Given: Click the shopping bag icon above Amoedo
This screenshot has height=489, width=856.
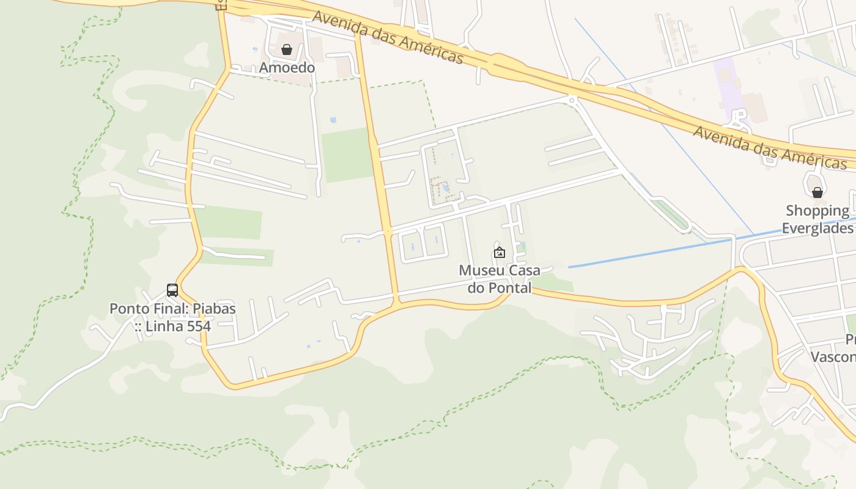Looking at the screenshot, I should [x=286, y=50].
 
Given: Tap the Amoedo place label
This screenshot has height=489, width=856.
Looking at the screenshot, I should [x=287, y=67].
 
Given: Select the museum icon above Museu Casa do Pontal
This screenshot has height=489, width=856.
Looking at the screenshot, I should [x=500, y=252].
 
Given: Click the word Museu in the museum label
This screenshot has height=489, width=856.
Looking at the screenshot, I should [x=481, y=270].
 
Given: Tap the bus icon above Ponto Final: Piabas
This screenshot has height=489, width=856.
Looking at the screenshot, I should [x=172, y=290].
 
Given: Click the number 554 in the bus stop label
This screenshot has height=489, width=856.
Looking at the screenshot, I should [x=199, y=326].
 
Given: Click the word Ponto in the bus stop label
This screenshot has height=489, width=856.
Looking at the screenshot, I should [x=128, y=309].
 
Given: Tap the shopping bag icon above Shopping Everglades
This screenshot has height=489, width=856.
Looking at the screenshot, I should [x=817, y=193].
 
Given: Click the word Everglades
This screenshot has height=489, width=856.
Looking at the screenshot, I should [x=817, y=228].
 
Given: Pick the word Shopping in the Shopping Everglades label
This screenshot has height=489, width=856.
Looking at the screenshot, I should [x=817, y=211].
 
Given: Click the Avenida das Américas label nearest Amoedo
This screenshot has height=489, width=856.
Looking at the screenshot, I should [x=388, y=37].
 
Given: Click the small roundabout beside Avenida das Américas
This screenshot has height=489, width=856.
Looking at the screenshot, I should [x=572, y=99].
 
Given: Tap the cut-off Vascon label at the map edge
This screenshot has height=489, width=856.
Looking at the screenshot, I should [x=833, y=356].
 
